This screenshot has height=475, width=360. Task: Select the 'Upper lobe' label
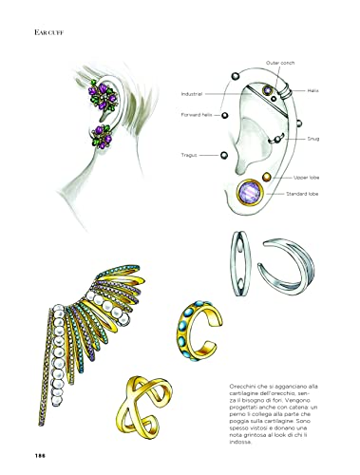pyautogui.click(x=309, y=178)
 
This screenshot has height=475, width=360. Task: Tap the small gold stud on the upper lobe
pyautogui.click(x=268, y=177)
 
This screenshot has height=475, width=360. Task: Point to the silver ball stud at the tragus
pyautogui.click(x=224, y=155)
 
